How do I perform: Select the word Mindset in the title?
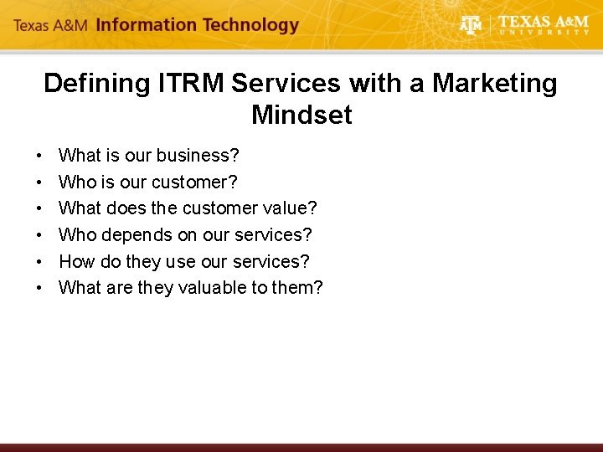pos(301,115)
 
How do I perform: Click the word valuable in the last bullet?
pos(207,288)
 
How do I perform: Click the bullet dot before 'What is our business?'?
pos(40,157)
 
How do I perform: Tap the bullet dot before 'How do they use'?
pos(40,262)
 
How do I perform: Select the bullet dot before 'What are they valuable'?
pos(40,289)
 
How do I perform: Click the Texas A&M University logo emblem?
pos(472,25)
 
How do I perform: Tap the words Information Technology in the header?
pos(198,25)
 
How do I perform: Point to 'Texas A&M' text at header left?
pos(51,26)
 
